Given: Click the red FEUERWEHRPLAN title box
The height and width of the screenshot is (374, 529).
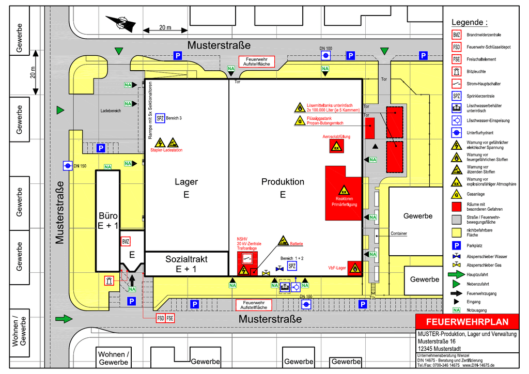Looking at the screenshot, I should coord(466,322).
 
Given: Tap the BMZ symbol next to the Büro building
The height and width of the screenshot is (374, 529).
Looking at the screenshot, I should coord(125,241).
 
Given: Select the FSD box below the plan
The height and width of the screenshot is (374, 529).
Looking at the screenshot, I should coord(161,318).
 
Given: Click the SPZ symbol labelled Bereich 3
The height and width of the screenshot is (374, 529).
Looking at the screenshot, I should coord(160,118).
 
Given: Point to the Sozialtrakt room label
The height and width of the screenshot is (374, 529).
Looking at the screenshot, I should coord(186,263).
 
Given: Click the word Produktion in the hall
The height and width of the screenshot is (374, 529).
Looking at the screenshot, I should coord(283,182).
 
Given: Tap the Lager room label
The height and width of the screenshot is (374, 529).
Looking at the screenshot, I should coord(186,182).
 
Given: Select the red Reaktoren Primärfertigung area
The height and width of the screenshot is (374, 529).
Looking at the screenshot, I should coord(344,194).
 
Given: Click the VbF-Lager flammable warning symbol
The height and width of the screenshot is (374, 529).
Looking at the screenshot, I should coord(354,268).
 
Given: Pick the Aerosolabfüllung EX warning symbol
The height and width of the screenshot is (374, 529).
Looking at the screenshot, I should coord(336,146).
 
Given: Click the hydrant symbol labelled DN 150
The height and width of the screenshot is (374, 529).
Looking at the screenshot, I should coord(68,165).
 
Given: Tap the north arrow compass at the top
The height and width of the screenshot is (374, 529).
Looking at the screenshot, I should coord(120,22).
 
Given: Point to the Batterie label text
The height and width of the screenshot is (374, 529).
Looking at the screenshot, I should coord(296,244).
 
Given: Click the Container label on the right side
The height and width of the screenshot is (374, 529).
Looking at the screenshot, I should coord(399,233).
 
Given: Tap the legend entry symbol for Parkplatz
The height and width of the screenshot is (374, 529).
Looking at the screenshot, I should coord(456,245).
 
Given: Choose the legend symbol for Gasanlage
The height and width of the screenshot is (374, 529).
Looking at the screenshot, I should coord(456,194).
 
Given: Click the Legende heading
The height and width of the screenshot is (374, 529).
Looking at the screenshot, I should coord(469,22).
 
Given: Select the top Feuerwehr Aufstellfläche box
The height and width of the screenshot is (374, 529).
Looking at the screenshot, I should coord(256,61).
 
